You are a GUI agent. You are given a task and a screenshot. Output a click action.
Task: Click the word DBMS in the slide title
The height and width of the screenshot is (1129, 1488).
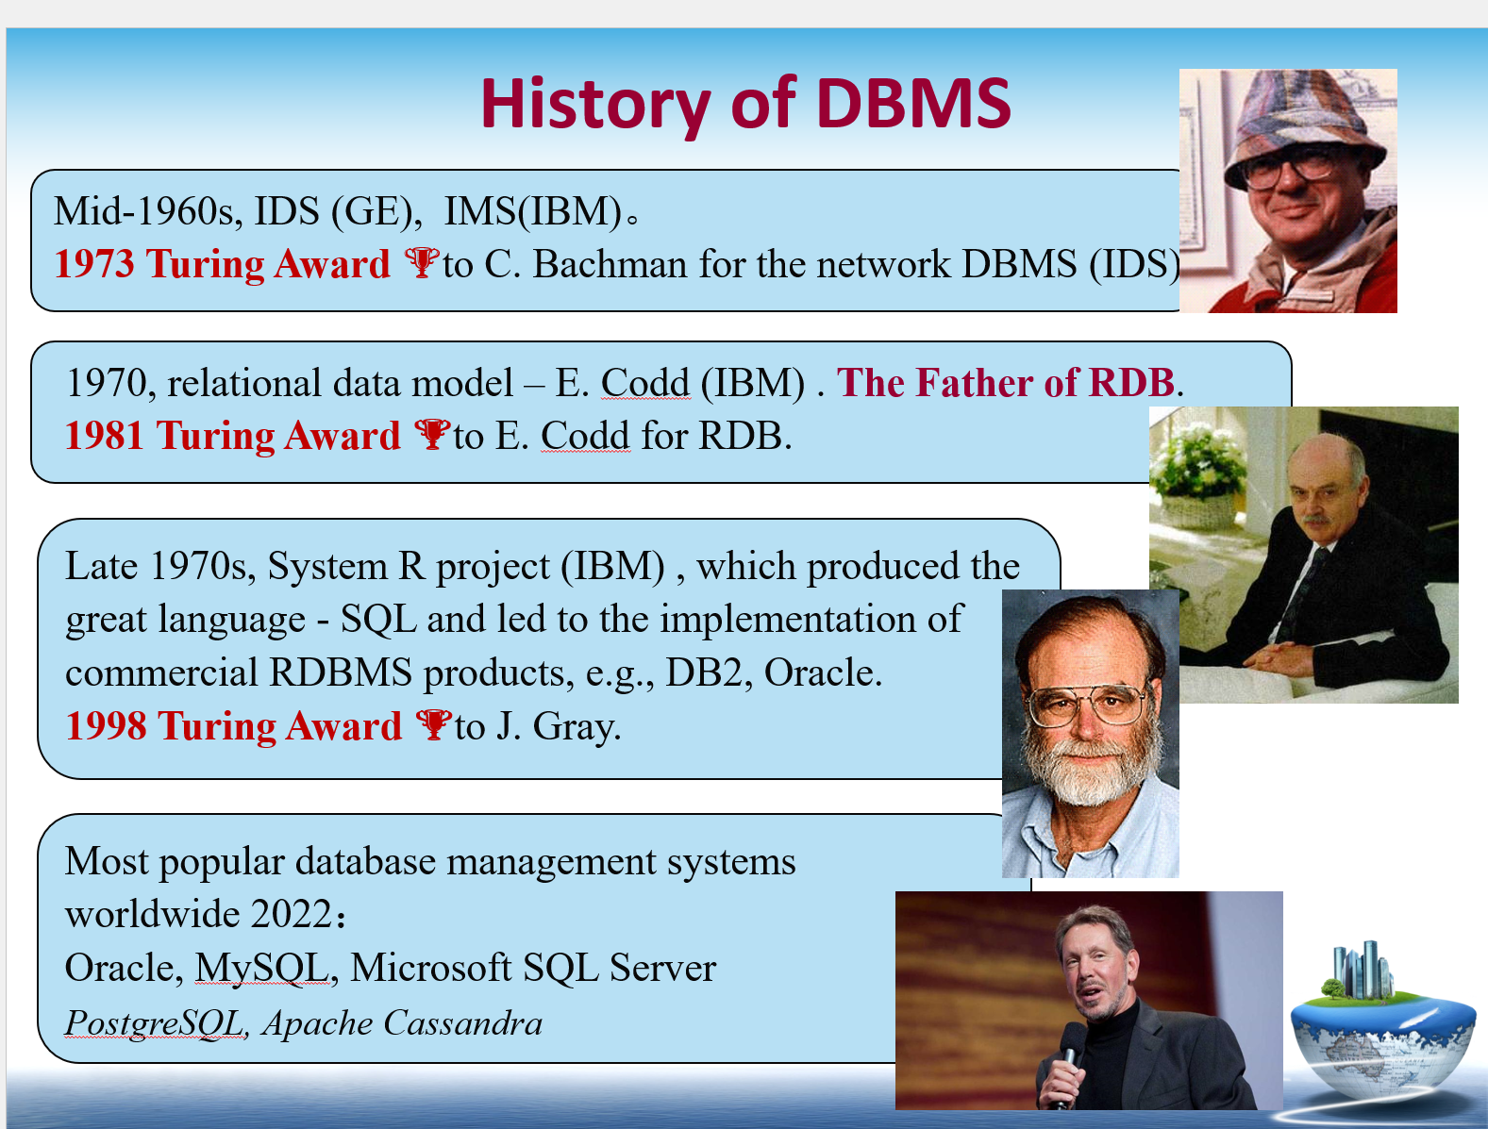pos(913,104)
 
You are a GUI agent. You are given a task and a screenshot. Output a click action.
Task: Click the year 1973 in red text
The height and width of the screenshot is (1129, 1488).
pos(94,263)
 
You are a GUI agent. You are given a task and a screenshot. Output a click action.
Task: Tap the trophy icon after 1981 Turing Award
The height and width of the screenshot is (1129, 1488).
pos(432,434)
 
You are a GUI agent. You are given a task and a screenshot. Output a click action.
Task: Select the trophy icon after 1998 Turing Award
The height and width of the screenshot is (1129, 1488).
pos(433,724)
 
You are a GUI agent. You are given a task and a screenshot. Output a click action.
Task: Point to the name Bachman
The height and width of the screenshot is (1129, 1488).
pos(610,263)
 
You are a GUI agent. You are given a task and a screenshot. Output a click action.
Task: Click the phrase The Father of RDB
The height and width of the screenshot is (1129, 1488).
pos(1005,382)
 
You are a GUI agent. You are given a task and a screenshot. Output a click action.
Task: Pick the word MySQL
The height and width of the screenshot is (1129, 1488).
pos(262,968)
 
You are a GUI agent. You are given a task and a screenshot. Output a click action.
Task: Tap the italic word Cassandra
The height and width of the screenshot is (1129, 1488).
pos(463,1022)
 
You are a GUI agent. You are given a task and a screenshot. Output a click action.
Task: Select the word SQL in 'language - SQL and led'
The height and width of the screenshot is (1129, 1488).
pos(378,619)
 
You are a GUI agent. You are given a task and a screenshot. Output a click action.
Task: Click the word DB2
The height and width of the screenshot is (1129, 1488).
pos(704,672)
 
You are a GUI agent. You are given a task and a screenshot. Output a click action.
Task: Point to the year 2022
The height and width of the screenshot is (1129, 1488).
pos(291,914)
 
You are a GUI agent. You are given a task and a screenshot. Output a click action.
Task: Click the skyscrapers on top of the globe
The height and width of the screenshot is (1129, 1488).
pos(1362,971)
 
